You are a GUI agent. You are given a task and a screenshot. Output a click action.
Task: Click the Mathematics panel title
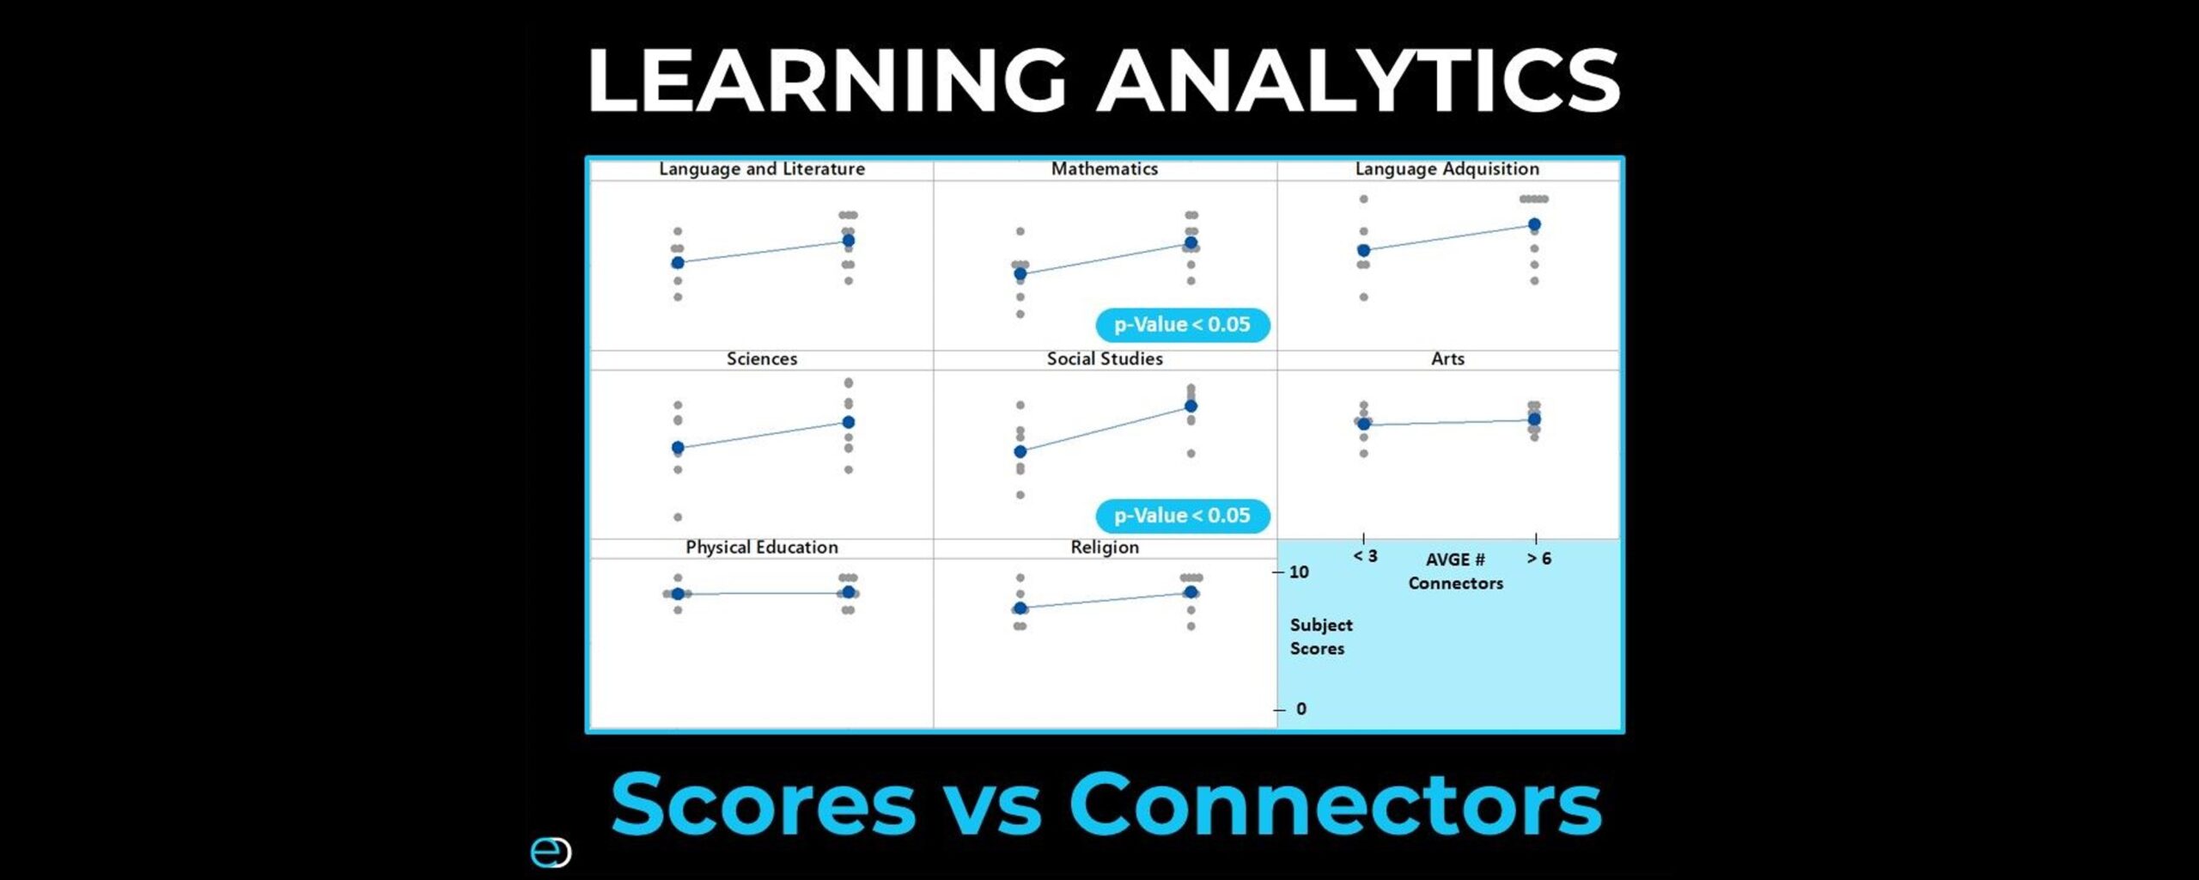tap(1105, 168)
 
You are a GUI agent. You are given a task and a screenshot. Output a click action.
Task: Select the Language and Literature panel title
tap(762, 168)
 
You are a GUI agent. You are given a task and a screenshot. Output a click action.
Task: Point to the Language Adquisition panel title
tap(1447, 168)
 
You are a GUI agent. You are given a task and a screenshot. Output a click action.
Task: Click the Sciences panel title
tap(762, 358)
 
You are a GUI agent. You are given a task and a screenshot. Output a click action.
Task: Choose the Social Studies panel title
tap(1105, 358)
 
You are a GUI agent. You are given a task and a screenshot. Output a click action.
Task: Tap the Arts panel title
tap(1447, 358)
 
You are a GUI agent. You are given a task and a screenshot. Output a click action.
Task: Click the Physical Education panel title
tap(762, 547)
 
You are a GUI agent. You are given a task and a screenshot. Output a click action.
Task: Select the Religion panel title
tap(1105, 547)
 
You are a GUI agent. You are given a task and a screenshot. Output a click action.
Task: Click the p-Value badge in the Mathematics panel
tap(1183, 325)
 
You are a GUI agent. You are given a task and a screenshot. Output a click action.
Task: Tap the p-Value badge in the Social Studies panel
tap(1183, 516)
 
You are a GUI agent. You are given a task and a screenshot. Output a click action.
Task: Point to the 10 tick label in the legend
tap(1299, 571)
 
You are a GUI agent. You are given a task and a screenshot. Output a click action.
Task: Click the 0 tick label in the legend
tap(1301, 709)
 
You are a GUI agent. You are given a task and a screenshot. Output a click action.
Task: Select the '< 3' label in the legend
tap(1365, 556)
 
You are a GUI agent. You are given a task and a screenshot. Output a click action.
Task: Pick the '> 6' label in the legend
tap(1539, 559)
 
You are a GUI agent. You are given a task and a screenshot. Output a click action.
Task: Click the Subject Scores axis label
tap(1321, 637)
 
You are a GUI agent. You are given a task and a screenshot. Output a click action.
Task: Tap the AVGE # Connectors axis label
tap(1455, 571)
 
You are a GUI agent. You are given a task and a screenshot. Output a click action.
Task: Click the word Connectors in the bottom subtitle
tap(1335, 804)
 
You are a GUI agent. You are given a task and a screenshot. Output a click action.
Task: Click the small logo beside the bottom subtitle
tap(551, 852)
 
